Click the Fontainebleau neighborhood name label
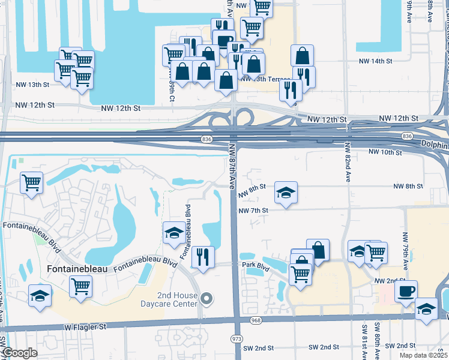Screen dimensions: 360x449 click(x=77, y=269)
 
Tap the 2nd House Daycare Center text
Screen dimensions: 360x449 click(x=177, y=299)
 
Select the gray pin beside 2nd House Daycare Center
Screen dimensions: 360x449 click(x=207, y=298)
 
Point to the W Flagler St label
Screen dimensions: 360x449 click(x=85, y=327)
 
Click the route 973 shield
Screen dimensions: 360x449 click(x=237, y=339)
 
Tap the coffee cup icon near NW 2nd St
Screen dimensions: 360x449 click(x=406, y=291)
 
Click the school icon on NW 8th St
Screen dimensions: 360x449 click(x=286, y=193)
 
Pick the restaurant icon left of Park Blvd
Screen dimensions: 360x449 click(x=203, y=257)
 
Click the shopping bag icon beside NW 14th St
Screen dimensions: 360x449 click(x=303, y=56)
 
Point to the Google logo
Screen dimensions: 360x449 click(x=19, y=353)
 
